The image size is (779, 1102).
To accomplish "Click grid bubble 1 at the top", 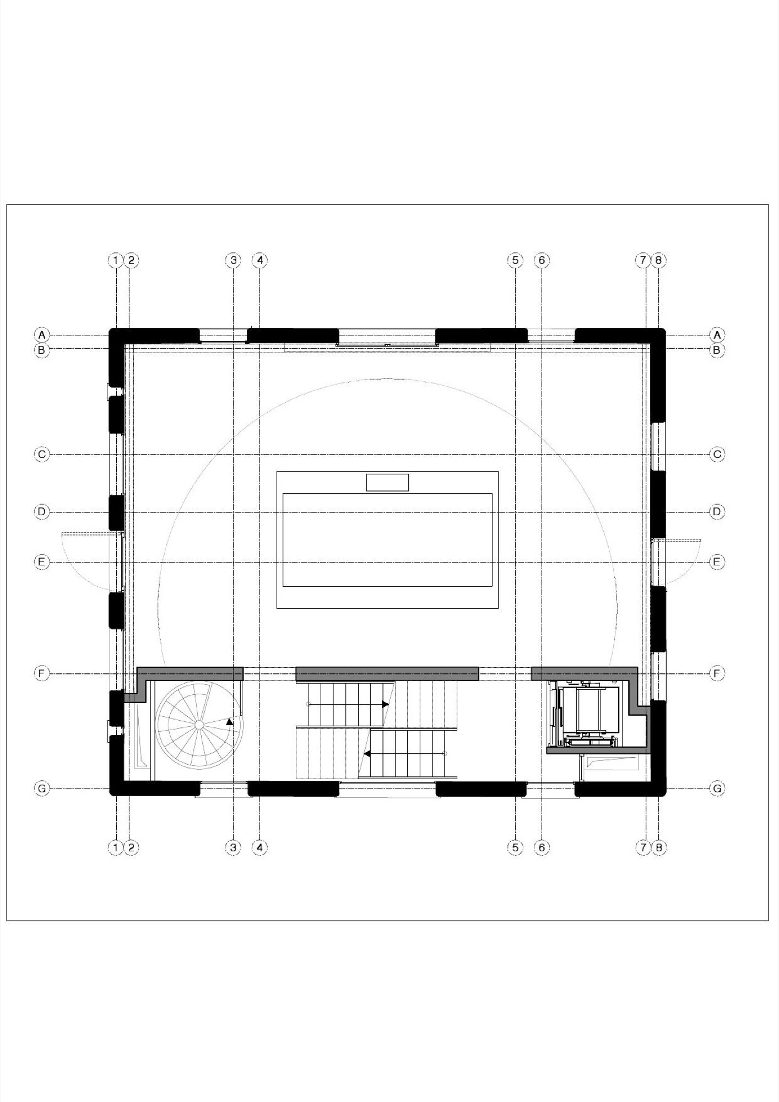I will pyautogui.click(x=115, y=260).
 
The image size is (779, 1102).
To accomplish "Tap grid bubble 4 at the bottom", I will pyautogui.click(x=259, y=847).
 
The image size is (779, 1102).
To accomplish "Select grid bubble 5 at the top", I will pyautogui.click(x=515, y=260).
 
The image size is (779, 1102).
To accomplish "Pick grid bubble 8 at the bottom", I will pyautogui.click(x=659, y=847).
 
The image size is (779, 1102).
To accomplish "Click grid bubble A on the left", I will pyautogui.click(x=42, y=334).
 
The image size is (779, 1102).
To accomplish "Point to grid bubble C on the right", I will pyautogui.click(x=717, y=455).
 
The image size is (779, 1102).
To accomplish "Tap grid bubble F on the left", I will pyautogui.click(x=42, y=673).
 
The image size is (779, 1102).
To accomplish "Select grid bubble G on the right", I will pyautogui.click(x=717, y=788).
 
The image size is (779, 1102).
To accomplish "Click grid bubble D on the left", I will pyautogui.click(x=42, y=512).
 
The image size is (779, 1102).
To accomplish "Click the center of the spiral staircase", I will pyautogui.click(x=199, y=723).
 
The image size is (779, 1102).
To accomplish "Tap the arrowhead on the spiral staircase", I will pyautogui.click(x=230, y=722).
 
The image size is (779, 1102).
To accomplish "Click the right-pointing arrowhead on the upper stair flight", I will pyautogui.click(x=386, y=705).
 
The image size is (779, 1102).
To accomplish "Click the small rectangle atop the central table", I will pyautogui.click(x=387, y=482).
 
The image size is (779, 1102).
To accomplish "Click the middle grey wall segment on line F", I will pyautogui.click(x=387, y=673).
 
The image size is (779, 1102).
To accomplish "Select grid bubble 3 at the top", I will pyautogui.click(x=233, y=260).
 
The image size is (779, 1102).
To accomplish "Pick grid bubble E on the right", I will pyautogui.click(x=717, y=562).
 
